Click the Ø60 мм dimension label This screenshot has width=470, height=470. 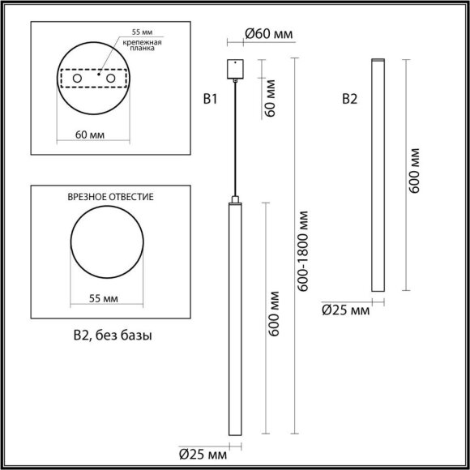point(268,33)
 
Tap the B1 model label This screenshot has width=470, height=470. point(211,100)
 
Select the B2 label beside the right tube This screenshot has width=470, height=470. point(350,100)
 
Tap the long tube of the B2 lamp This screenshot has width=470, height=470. point(376,174)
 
